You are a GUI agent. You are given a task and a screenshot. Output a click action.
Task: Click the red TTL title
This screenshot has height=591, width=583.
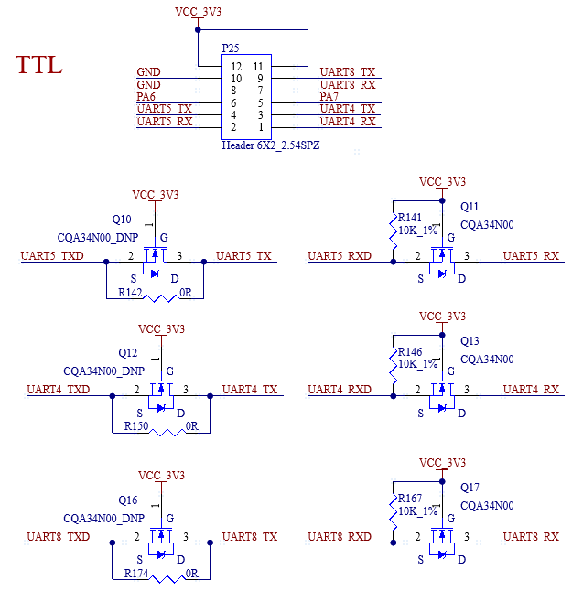[38, 65]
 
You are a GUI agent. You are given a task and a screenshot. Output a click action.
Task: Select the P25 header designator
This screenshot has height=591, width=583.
[232, 47]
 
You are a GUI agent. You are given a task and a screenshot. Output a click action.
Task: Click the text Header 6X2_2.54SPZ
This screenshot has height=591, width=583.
[271, 145]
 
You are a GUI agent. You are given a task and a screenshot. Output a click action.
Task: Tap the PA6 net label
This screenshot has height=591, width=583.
[146, 96]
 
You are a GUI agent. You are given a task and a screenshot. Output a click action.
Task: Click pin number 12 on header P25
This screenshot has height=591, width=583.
[236, 67]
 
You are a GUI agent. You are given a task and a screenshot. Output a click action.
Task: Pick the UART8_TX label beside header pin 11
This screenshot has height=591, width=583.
[348, 72]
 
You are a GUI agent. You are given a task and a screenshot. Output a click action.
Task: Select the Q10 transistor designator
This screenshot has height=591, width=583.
[122, 220]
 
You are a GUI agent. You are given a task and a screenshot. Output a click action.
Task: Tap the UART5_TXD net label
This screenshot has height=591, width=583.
[52, 256]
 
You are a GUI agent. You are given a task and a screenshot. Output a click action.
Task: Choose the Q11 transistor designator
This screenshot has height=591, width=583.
[470, 207]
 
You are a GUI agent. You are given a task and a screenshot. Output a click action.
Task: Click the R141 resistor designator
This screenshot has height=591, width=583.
[410, 218]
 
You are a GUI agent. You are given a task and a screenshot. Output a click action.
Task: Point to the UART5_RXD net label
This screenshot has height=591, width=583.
[340, 256]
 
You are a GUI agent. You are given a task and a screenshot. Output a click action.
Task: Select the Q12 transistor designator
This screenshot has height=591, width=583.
[127, 353]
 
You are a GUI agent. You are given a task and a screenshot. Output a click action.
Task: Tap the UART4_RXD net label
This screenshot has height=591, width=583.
[340, 390]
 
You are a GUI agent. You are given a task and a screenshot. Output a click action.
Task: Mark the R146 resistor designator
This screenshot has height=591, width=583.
[410, 351]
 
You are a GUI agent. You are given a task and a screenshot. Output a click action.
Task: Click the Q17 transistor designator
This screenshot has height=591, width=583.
[470, 488]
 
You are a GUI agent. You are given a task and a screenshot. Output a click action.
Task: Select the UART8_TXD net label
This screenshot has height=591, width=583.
[59, 537]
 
